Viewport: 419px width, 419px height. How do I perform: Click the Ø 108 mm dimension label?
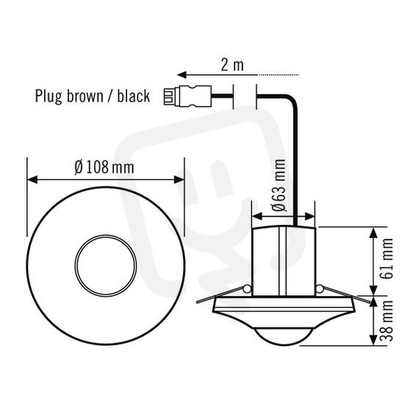pos(104,168)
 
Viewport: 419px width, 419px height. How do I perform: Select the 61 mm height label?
pos(387,259)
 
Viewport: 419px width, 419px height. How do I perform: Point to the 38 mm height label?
pos(387,320)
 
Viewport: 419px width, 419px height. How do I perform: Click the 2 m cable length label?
pos(232,65)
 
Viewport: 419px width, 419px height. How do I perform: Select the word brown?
pos(85,96)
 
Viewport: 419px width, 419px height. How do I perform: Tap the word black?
pos(133,96)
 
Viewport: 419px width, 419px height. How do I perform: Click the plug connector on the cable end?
pos(187,96)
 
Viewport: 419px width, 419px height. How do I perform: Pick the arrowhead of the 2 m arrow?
pos(182,75)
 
